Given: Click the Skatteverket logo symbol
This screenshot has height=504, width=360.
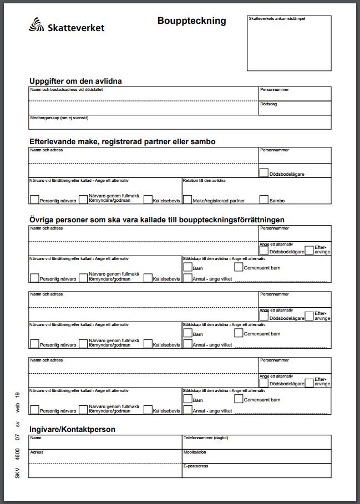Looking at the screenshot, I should [x=37, y=25].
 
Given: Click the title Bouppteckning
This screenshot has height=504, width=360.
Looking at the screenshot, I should [x=191, y=21].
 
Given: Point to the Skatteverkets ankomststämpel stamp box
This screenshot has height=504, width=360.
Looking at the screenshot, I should [x=288, y=43].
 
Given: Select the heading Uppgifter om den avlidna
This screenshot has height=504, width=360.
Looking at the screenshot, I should [x=75, y=82].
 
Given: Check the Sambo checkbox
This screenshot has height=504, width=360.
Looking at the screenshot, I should [x=264, y=199].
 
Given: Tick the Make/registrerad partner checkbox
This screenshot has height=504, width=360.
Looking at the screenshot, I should [x=188, y=199].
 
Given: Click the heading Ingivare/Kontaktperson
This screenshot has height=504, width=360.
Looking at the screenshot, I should [x=72, y=429].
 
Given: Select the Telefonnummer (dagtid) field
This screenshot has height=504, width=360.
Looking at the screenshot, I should [x=256, y=444].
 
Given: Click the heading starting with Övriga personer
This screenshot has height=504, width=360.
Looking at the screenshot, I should [x=157, y=220].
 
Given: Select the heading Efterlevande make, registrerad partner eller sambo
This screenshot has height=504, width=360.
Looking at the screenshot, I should [x=123, y=142].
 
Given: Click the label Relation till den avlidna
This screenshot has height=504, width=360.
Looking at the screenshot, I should [x=204, y=181].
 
